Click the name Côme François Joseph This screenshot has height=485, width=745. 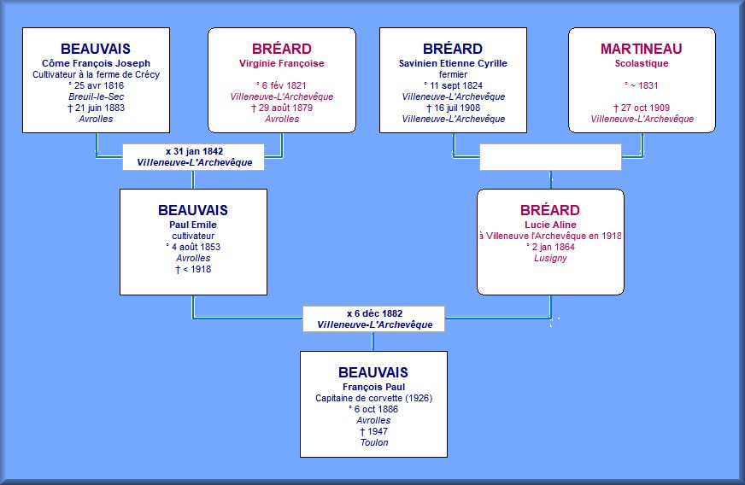click(96, 63)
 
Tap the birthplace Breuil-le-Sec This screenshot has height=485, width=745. click(96, 96)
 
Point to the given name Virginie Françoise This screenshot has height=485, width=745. click(282, 63)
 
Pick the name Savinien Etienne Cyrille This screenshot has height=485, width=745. click(453, 63)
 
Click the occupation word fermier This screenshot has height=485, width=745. click(453, 74)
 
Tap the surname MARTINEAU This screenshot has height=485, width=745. click(642, 49)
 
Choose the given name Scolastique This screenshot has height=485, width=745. click(642, 63)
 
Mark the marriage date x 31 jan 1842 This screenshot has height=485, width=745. click(194, 151)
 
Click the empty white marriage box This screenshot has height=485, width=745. click(550, 157)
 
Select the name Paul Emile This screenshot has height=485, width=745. click(193, 225)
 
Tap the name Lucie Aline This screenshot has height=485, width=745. click(550, 225)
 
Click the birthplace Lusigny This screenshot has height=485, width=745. click(550, 258)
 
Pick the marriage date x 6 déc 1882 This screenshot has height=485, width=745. click(374, 313)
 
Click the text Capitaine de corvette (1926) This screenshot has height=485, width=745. click(374, 398)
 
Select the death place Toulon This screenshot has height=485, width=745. click(374, 442)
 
